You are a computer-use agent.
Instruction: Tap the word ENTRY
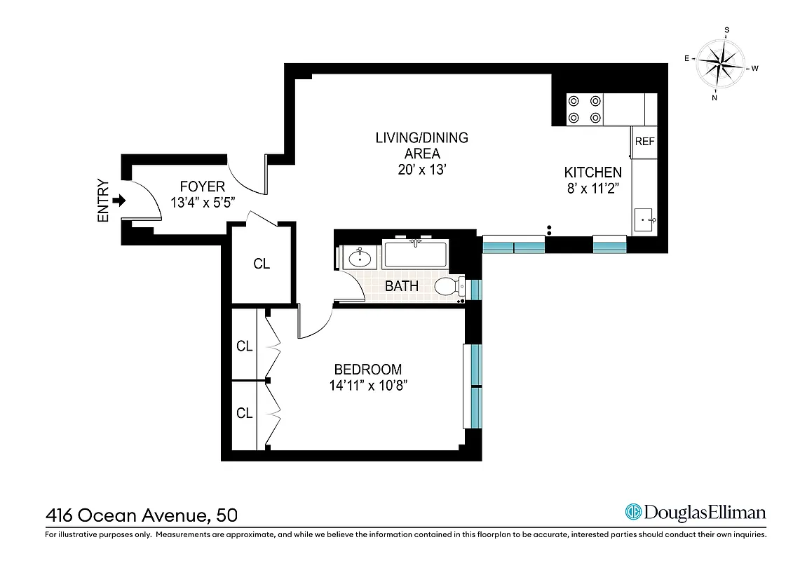click(104, 201)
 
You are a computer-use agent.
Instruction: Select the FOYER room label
click(202, 187)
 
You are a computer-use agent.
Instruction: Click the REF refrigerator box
click(644, 141)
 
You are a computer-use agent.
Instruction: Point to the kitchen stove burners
click(585, 109)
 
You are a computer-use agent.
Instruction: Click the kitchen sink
click(645, 220)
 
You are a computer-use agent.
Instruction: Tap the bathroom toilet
click(447, 286)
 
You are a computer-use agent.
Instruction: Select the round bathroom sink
click(360, 258)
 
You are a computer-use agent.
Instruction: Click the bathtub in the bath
click(415, 254)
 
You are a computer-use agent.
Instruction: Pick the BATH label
click(402, 286)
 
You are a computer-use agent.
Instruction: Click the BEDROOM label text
click(367, 370)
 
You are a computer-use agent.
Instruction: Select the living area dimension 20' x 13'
click(421, 170)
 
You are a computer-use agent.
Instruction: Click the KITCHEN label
click(593, 172)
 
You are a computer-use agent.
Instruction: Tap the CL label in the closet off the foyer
click(262, 264)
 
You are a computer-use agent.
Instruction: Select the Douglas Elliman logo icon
click(634, 512)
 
